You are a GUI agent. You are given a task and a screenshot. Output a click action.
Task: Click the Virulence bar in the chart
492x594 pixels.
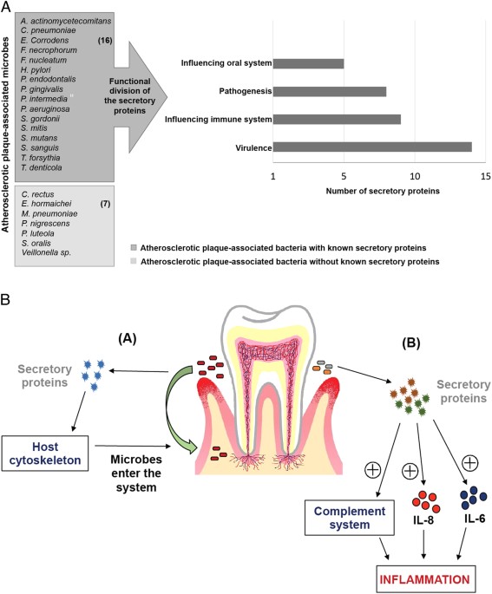coord(372,147)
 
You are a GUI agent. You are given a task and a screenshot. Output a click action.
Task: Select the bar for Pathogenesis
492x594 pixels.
coord(330,91)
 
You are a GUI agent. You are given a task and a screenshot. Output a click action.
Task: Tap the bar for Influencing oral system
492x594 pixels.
coord(308,63)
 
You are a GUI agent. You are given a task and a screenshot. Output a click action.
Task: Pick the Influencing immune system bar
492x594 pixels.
coord(337,119)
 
